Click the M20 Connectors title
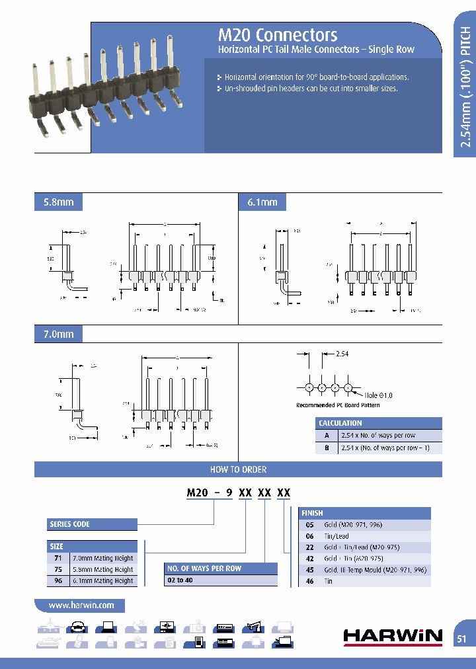click(278, 35)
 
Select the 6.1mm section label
click(262, 202)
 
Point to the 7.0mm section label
click(54, 334)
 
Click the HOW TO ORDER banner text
click(238, 469)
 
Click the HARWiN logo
click(393, 636)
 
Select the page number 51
click(462, 639)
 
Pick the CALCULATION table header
click(340, 423)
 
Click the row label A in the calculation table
click(326, 436)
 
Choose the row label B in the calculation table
click(326, 448)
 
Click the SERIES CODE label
click(69, 524)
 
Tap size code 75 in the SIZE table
click(57, 569)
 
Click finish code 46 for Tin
click(309, 581)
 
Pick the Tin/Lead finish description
click(337, 536)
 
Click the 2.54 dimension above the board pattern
click(342, 354)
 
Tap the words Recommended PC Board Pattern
click(338, 405)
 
